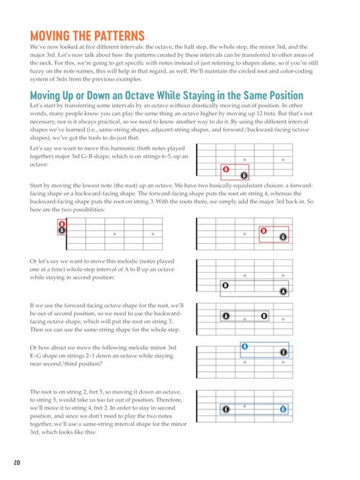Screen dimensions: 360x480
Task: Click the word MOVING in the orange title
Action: coord(50,36)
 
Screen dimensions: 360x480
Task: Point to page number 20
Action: coord(17,463)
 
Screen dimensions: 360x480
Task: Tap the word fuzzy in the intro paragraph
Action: coord(37,71)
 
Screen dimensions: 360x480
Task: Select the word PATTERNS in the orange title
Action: coord(119,36)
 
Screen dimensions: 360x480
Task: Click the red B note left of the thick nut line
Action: coord(62,224)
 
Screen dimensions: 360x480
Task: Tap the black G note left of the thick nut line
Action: coord(62,230)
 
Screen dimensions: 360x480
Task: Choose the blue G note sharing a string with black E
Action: coord(284,409)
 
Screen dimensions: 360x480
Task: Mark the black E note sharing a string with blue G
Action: coord(226,409)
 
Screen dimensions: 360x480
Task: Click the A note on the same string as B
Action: coord(226,316)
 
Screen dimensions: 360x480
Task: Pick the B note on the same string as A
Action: coord(264,316)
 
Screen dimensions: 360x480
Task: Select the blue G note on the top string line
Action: coord(245,347)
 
